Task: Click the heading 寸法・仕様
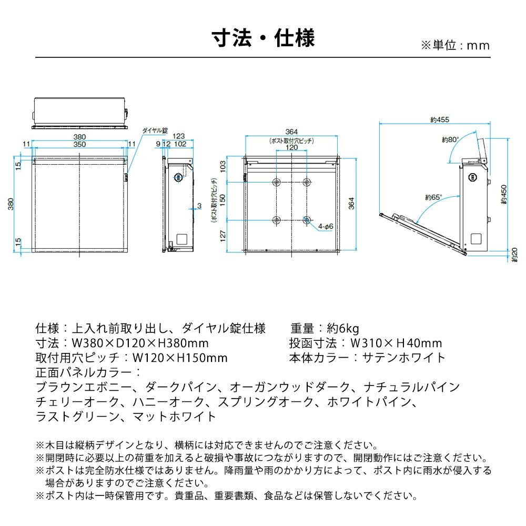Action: point(263,39)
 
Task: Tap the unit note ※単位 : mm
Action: point(456,45)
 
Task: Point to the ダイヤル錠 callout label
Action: point(155,129)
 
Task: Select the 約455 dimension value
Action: point(439,120)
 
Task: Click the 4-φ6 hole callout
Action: point(325,227)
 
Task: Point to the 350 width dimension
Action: point(79,144)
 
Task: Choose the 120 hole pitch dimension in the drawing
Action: point(291,148)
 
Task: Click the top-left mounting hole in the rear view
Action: point(277,182)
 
